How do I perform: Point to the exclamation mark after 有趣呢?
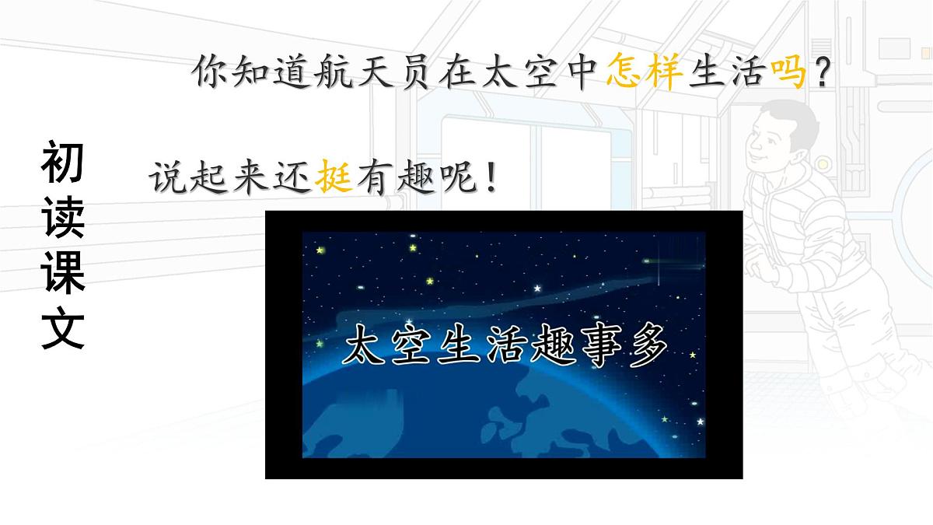(x=489, y=180)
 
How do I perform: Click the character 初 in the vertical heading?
(x=62, y=165)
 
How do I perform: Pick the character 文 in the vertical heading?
(x=62, y=330)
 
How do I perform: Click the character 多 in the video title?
(x=646, y=347)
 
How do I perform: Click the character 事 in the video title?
(x=596, y=347)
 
